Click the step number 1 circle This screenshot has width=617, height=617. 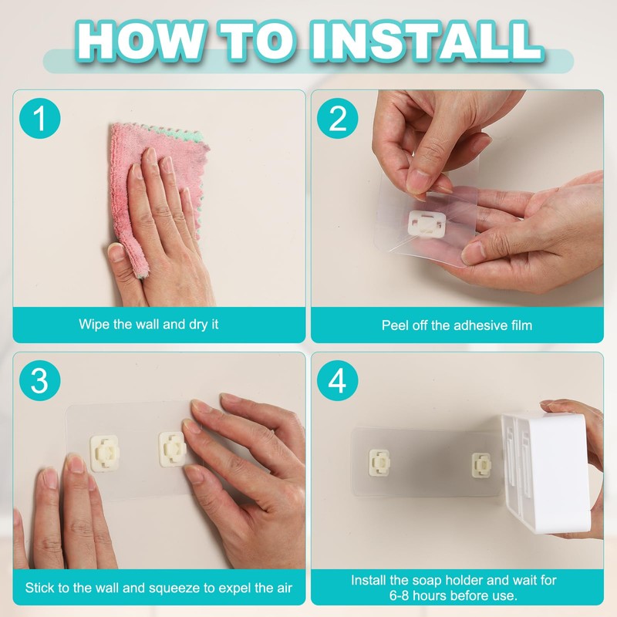point(40,118)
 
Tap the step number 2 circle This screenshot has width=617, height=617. point(338,118)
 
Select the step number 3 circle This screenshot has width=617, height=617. point(40,380)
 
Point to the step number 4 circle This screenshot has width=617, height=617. point(338,380)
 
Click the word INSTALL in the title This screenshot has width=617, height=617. point(427,41)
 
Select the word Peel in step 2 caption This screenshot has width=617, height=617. point(395,325)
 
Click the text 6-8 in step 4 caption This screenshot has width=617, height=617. point(399,595)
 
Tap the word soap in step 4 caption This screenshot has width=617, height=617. point(427,581)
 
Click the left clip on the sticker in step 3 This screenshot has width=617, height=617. point(104,453)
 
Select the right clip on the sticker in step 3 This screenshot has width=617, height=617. point(172,449)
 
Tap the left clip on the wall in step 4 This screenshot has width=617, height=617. point(379,462)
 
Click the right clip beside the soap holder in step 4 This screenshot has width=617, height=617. point(481,465)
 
